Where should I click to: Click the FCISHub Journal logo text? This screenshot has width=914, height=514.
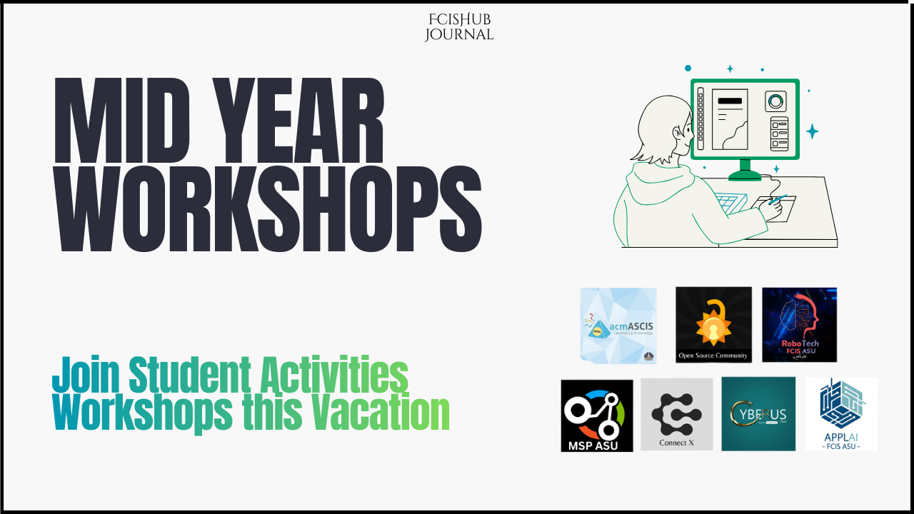458,27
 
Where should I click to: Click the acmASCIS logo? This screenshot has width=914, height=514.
618,326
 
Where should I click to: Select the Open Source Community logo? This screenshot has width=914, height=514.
713,325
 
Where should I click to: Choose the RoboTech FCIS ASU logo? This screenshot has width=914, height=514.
799,325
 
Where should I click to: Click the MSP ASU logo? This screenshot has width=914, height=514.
597,415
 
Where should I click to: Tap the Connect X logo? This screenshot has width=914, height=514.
676,415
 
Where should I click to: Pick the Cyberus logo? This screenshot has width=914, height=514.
758,414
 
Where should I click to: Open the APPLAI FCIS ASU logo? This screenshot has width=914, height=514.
841,414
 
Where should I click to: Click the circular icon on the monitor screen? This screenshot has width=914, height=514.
775,101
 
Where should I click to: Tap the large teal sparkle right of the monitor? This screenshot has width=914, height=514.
812,131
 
